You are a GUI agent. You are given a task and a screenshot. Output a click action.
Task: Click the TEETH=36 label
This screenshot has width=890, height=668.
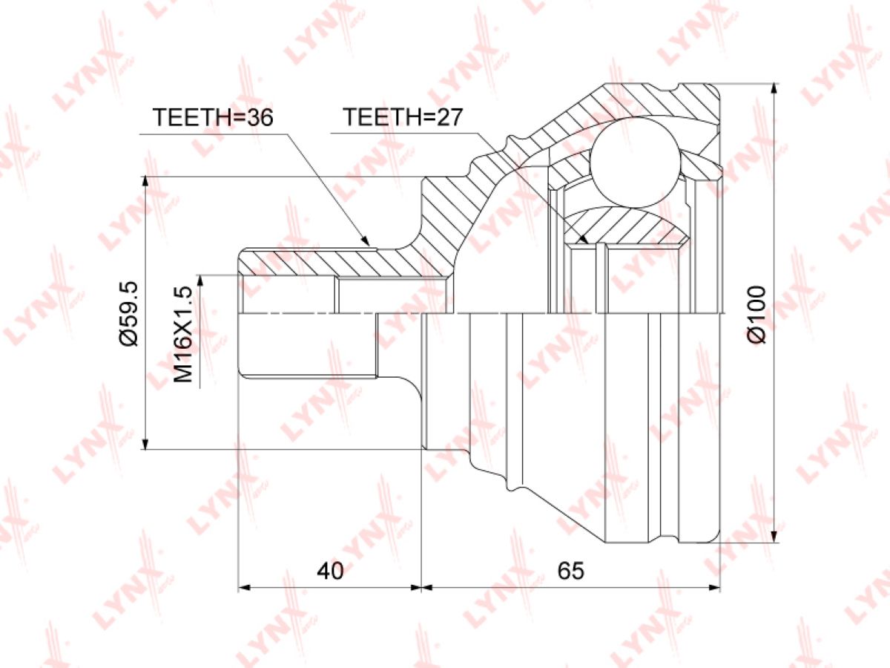[212, 117]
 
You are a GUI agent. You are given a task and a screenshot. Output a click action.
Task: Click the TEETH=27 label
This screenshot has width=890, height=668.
[402, 117]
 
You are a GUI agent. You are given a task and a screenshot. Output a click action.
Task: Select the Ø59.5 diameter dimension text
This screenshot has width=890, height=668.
[129, 313]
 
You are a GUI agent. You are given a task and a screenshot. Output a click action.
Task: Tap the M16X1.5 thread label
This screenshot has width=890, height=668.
[183, 335]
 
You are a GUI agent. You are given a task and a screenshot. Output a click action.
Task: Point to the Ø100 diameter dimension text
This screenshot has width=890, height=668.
[756, 315]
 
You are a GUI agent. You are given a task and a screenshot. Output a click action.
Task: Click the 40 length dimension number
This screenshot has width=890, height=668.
[330, 571]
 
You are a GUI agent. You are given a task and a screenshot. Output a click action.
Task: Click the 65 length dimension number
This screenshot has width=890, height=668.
[570, 571]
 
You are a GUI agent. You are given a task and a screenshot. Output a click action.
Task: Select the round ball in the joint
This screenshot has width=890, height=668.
[636, 161]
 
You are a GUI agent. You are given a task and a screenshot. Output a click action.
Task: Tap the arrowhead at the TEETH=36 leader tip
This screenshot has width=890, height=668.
[366, 241]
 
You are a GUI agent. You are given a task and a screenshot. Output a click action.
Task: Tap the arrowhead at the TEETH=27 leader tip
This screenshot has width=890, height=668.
[584, 239]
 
